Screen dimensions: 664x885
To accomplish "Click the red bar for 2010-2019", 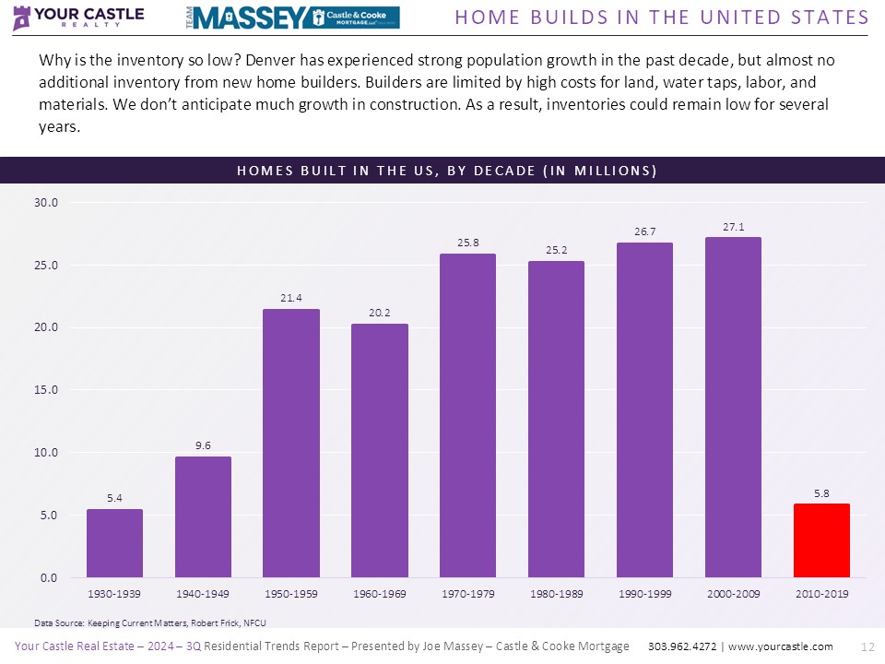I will pyautogui.click(x=821, y=540).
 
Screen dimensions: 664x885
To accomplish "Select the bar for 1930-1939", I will pyautogui.click(x=114, y=543).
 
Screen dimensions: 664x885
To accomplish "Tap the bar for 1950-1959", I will pyautogui.click(x=291, y=443).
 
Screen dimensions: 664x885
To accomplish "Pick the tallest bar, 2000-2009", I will pyautogui.click(x=733, y=407).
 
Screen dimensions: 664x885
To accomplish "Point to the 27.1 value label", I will pyautogui.click(x=733, y=224).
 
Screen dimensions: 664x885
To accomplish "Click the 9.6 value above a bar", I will pyautogui.click(x=203, y=445).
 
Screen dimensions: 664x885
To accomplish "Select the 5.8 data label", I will pyautogui.click(x=821, y=492).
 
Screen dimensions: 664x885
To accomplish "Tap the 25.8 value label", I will pyautogui.click(x=468, y=242).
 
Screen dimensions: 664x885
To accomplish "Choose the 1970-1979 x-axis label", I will pyautogui.click(x=468, y=594).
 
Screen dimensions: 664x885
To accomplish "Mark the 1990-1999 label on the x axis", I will pyautogui.click(x=645, y=594).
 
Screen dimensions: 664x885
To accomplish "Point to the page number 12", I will pyautogui.click(x=866, y=646).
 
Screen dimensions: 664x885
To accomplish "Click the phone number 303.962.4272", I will pyautogui.click(x=683, y=646).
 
